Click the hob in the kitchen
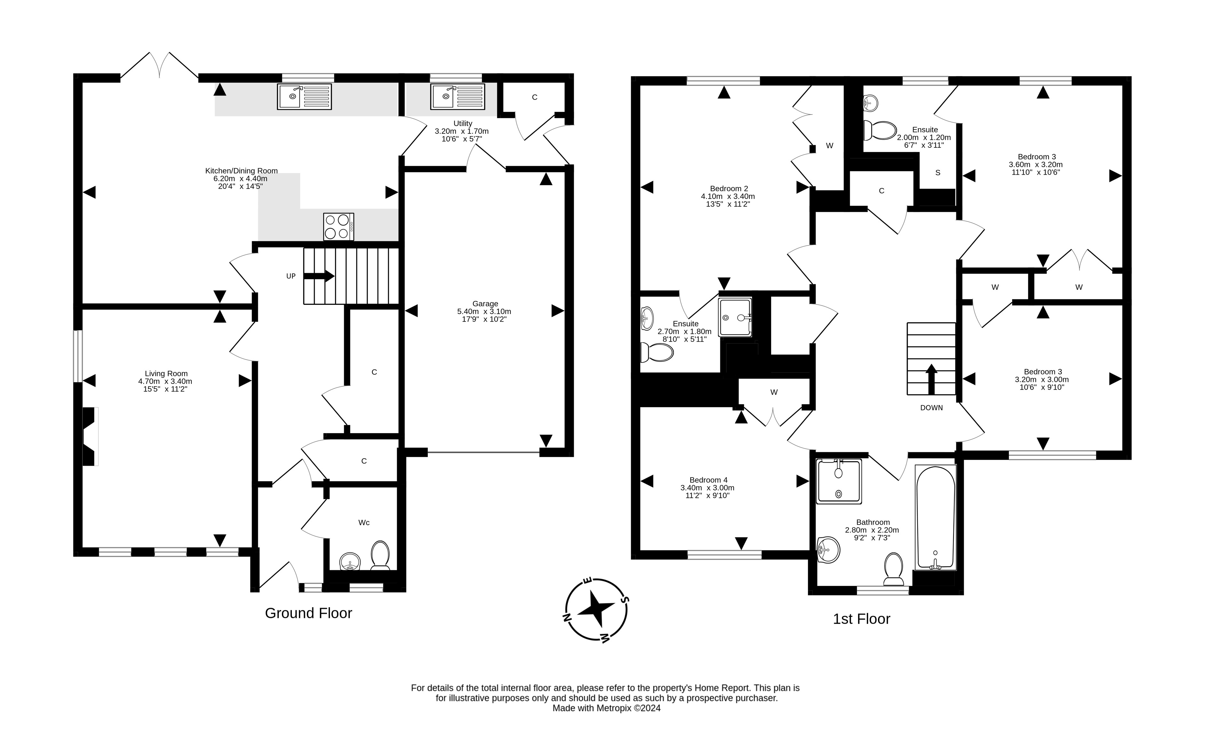[338, 226]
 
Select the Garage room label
[485, 304]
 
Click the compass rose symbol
[596, 610]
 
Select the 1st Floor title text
[861, 619]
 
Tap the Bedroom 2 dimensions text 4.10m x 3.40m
[728, 196]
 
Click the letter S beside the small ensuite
[937, 173]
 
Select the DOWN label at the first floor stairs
[931, 408]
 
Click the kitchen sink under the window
[304, 97]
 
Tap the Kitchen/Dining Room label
[241, 171]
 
